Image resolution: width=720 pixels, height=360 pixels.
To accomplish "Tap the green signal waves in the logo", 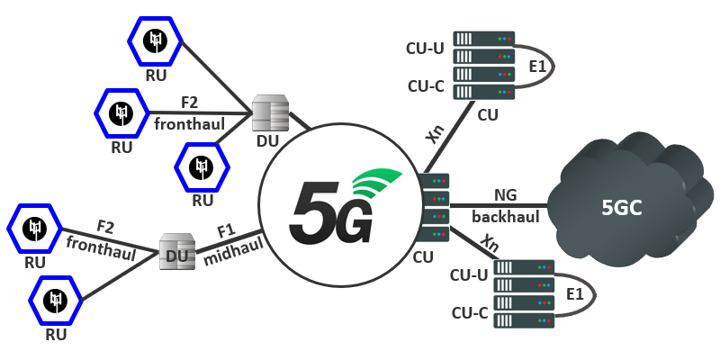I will click(x=378, y=184).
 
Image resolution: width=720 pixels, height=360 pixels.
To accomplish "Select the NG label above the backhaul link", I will click(x=505, y=194).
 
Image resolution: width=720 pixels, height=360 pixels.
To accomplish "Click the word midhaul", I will click(x=231, y=254).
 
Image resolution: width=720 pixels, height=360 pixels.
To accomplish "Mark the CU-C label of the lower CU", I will click(x=469, y=313).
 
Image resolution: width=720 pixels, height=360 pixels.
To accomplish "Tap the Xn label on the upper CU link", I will click(x=436, y=136).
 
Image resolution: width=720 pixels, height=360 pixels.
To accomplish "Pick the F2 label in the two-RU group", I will click(x=105, y=225).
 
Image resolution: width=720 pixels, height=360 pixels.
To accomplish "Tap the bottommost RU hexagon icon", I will click(x=57, y=300).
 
